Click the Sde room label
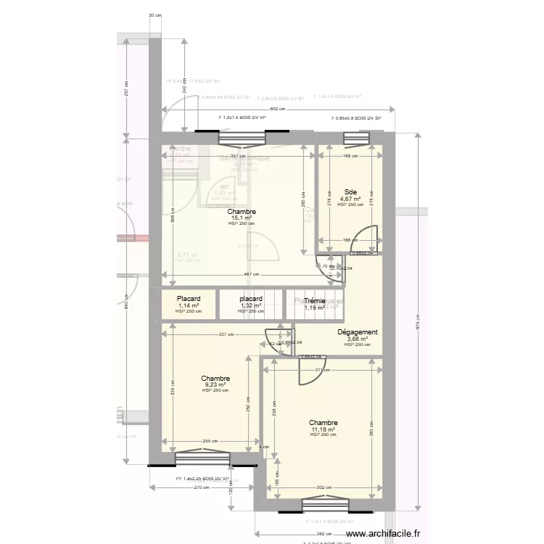(350, 192)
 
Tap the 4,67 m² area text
(350, 199)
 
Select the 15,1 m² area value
(242, 218)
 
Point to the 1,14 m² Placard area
(189, 305)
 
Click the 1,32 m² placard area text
(251, 305)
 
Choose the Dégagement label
(358, 332)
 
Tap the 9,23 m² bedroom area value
(215, 384)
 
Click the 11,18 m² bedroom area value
(323, 429)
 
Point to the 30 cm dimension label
(154, 15)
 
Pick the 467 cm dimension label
(250, 274)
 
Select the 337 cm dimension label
(226, 335)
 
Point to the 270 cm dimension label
(201, 487)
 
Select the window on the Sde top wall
(355, 138)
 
